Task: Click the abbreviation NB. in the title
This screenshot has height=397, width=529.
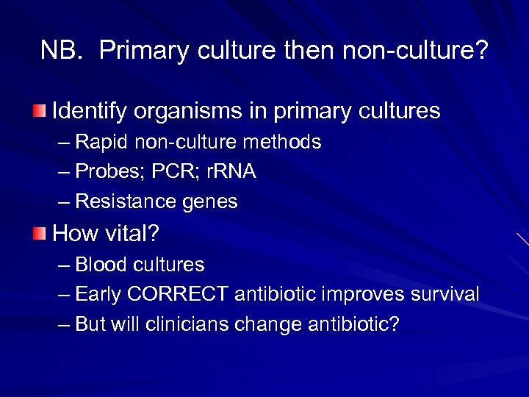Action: click(62, 51)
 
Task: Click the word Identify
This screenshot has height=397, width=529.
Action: click(87, 112)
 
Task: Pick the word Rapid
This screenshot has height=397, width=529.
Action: click(97, 142)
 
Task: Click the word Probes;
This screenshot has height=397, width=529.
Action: click(106, 172)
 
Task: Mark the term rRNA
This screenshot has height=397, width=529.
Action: click(231, 172)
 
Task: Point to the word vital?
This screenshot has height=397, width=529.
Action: click(132, 234)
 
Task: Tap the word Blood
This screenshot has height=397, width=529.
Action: click(97, 265)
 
